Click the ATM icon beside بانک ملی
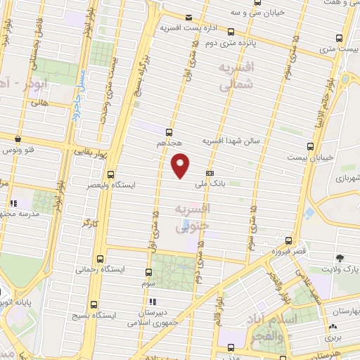click(209, 173)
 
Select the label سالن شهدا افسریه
click(232, 141)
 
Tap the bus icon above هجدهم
click(169, 131)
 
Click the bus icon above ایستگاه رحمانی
click(100, 257)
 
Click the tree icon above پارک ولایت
click(340, 258)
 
